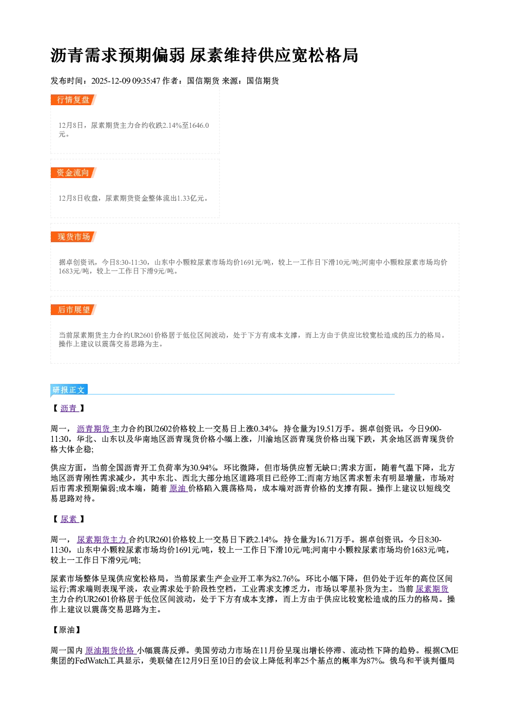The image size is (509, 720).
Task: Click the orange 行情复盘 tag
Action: click(x=73, y=100)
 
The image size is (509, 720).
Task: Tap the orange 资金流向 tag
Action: click(x=73, y=172)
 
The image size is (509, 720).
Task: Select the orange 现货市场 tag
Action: click(x=73, y=237)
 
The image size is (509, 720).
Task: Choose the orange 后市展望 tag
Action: click(x=73, y=310)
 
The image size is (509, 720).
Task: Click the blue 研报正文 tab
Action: click(x=69, y=390)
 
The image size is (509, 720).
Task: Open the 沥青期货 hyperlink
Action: click(x=94, y=429)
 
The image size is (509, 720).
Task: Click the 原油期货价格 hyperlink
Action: click(x=110, y=651)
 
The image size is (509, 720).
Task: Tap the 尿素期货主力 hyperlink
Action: click(x=103, y=540)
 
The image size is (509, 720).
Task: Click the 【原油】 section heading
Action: click(x=67, y=630)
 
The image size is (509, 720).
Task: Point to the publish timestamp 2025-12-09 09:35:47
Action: click(x=126, y=81)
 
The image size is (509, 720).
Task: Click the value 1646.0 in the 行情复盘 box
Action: click(x=199, y=125)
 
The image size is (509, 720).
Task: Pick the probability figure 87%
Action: click(x=375, y=661)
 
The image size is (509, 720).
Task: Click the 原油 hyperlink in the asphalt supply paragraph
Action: click(x=178, y=489)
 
